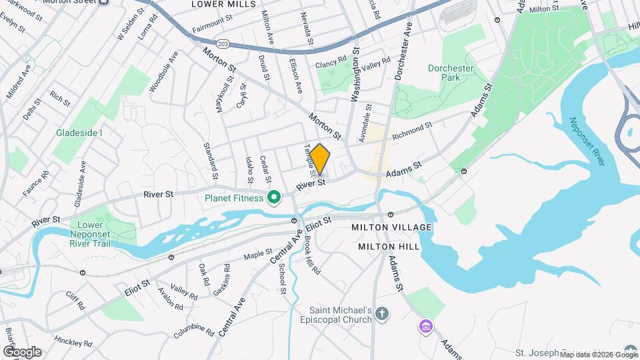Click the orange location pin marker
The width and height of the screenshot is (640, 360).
pos(320,159)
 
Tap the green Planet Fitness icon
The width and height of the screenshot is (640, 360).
pos(273,197)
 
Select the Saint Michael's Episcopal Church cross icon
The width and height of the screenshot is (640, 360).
pos(382,313)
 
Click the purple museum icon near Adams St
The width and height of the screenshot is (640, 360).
pos(425,327)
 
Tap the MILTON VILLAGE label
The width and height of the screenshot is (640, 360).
pos(392,227)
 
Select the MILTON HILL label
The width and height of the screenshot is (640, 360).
pos(389,246)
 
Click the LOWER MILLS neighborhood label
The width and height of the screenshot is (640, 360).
pos(223,4)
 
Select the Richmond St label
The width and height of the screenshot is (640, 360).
pos(413,130)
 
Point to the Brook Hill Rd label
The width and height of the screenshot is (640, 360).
pos(313,255)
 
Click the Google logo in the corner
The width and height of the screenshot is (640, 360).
pos(22,351)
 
